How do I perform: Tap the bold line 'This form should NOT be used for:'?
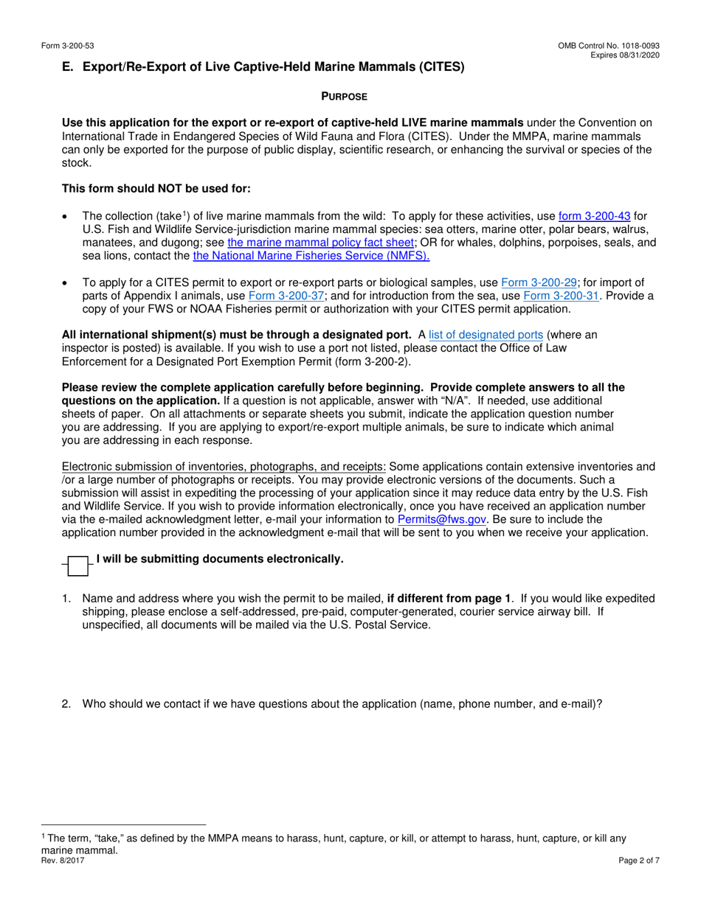(x=156, y=189)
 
